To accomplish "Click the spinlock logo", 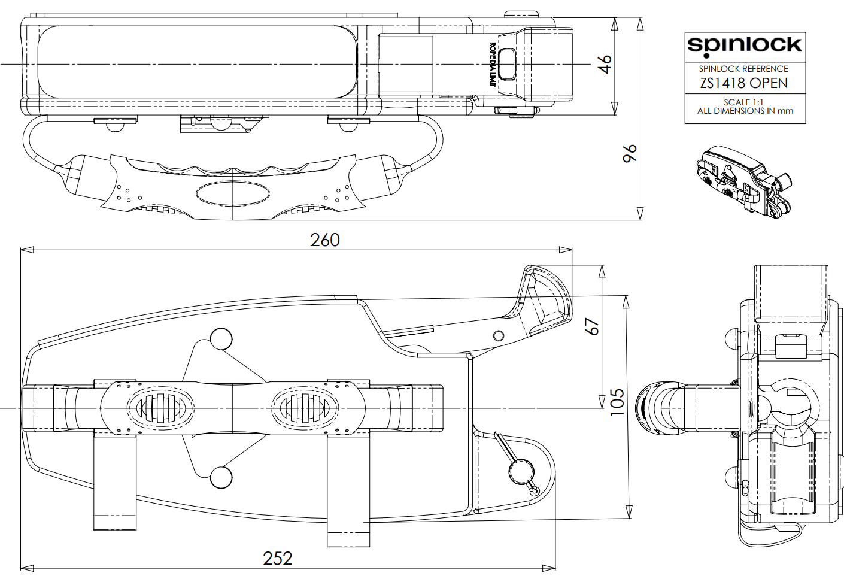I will [744, 46].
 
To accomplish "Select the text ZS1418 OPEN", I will [744, 83].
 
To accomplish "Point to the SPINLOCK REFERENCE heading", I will [743, 69].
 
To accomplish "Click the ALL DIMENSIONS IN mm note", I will [745, 111].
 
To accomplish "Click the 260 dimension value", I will [325, 240].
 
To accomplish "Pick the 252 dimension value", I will [278, 559].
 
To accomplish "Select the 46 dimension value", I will [605, 63].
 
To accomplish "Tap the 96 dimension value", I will [630, 153].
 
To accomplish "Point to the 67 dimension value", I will [591, 326].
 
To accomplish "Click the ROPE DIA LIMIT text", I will [492, 65].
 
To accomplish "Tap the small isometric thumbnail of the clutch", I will [744, 180].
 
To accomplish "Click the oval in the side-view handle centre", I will [233, 193].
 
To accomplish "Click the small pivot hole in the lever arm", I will [499, 335].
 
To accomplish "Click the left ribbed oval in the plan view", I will [160, 408].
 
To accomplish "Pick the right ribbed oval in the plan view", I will [305, 408].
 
